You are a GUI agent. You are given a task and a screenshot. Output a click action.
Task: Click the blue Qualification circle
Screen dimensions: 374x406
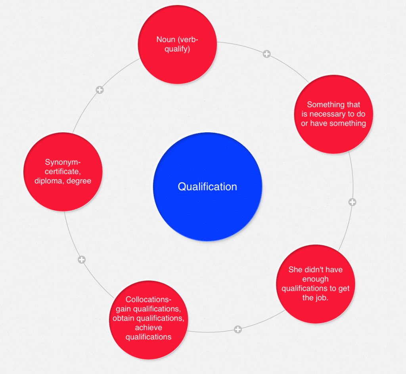[207, 187]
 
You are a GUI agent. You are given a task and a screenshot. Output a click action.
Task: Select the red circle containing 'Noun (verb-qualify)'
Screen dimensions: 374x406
[177, 44]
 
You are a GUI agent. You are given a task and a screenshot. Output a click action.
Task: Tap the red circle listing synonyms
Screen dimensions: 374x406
[63, 172]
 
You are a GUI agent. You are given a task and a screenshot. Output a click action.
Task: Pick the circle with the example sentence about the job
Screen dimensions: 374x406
[315, 284]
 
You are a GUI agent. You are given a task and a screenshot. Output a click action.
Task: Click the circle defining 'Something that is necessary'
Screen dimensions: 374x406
[333, 114]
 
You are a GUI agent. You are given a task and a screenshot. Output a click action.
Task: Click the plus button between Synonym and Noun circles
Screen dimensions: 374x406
[100, 90]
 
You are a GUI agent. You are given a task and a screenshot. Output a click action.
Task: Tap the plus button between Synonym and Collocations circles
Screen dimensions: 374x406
[82, 260]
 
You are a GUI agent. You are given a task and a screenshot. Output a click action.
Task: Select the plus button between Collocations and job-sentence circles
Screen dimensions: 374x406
[237, 329]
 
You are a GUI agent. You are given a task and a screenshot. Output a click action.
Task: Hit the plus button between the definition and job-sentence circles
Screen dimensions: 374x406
[352, 202]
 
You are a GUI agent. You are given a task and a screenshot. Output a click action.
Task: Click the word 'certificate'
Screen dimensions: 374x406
[63, 172]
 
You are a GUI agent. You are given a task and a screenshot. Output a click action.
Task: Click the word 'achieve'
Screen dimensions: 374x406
[148, 328]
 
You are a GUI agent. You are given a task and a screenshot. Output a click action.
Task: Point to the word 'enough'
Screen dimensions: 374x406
[315, 279]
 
